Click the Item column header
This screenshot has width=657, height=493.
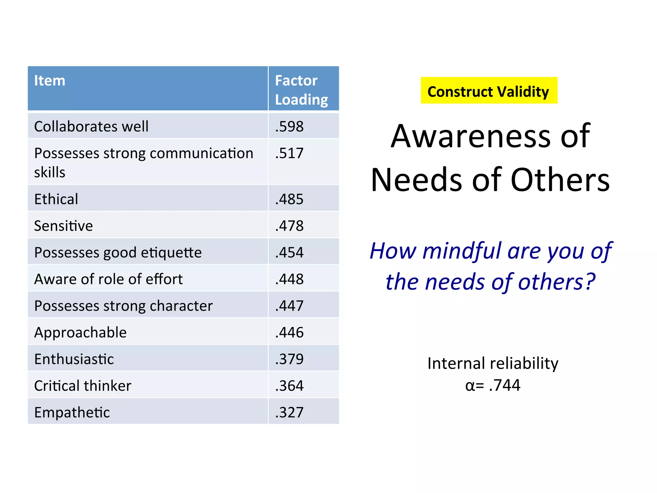click(x=50, y=81)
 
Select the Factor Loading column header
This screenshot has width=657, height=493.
click(x=301, y=90)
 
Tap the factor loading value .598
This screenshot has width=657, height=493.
click(x=289, y=126)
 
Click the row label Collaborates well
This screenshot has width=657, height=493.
click(x=91, y=126)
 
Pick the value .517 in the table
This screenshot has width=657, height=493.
click(x=289, y=153)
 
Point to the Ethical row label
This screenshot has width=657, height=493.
click(x=56, y=199)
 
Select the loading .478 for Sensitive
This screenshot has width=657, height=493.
click(x=289, y=226)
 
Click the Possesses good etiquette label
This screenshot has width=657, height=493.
click(x=118, y=253)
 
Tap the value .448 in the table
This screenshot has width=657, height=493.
click(x=289, y=279)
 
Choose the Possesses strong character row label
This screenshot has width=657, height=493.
click(x=124, y=306)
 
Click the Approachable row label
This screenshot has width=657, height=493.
click(x=81, y=333)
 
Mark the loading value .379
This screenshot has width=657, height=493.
click(x=289, y=359)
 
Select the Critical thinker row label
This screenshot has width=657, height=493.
click(x=83, y=386)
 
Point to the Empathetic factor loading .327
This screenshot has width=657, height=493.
click(x=289, y=412)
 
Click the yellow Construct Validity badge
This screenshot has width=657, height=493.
click(x=489, y=91)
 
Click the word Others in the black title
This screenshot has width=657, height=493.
click(x=560, y=180)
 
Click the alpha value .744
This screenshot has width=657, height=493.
click(x=504, y=385)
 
